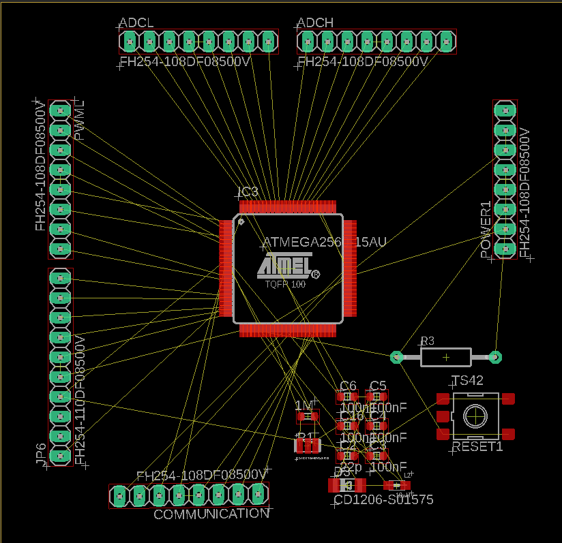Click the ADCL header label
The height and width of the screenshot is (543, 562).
[x=136, y=22]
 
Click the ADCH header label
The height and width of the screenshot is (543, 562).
[x=316, y=22]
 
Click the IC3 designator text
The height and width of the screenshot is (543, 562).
[x=248, y=192]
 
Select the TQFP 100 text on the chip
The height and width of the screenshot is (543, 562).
[x=285, y=284]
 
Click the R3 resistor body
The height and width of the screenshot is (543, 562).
[x=446, y=356]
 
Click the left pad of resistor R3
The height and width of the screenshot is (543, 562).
[x=396, y=356]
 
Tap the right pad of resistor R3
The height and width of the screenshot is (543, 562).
[x=496, y=356]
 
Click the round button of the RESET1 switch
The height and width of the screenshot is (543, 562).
[x=475, y=415]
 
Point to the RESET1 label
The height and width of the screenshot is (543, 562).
[x=477, y=447]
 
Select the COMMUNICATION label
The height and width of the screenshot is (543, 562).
[x=211, y=514]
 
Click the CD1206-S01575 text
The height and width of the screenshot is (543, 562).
[x=383, y=500]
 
